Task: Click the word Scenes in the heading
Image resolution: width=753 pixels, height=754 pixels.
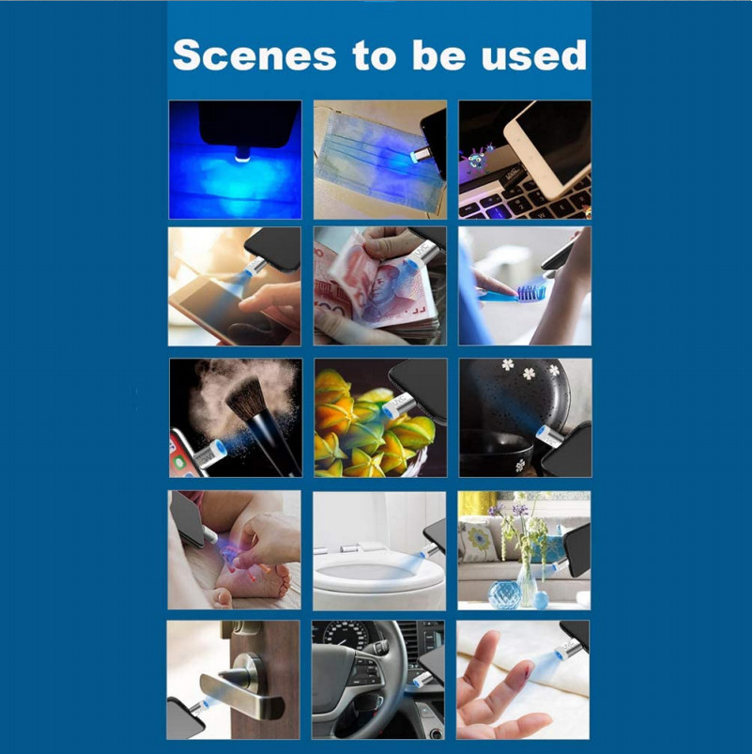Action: pos(254,54)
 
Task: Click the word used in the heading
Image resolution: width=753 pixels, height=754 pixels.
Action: pos(533,54)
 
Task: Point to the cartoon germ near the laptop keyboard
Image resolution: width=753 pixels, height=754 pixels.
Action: pos(477,159)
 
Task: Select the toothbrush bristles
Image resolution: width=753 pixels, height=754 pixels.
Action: pos(531,291)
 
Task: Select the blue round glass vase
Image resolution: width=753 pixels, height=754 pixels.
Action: pos(504,594)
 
